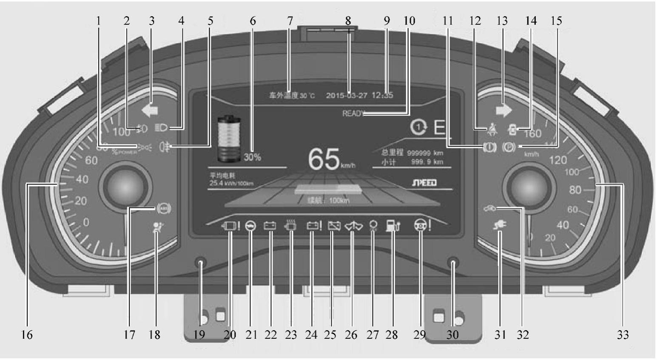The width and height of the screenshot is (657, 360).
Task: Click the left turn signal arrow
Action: click(x=150, y=111)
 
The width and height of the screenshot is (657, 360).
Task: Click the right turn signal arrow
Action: click(x=504, y=110)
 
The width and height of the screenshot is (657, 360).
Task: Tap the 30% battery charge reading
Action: click(x=252, y=157)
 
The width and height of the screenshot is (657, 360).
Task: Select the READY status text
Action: click(x=353, y=114)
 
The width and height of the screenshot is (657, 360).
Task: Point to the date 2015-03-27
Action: click(x=347, y=96)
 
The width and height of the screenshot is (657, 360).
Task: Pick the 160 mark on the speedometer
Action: click(x=532, y=133)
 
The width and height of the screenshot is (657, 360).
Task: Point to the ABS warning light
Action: click(x=164, y=208)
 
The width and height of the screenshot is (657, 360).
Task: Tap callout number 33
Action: click(x=623, y=335)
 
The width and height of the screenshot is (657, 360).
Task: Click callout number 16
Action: click(x=27, y=335)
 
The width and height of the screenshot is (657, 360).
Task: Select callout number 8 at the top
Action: click(x=348, y=21)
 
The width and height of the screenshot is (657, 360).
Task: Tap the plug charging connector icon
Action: click(x=500, y=225)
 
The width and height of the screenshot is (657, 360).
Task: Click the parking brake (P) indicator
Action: click(x=509, y=147)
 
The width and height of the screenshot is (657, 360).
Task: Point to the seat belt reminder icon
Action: click(x=492, y=128)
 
